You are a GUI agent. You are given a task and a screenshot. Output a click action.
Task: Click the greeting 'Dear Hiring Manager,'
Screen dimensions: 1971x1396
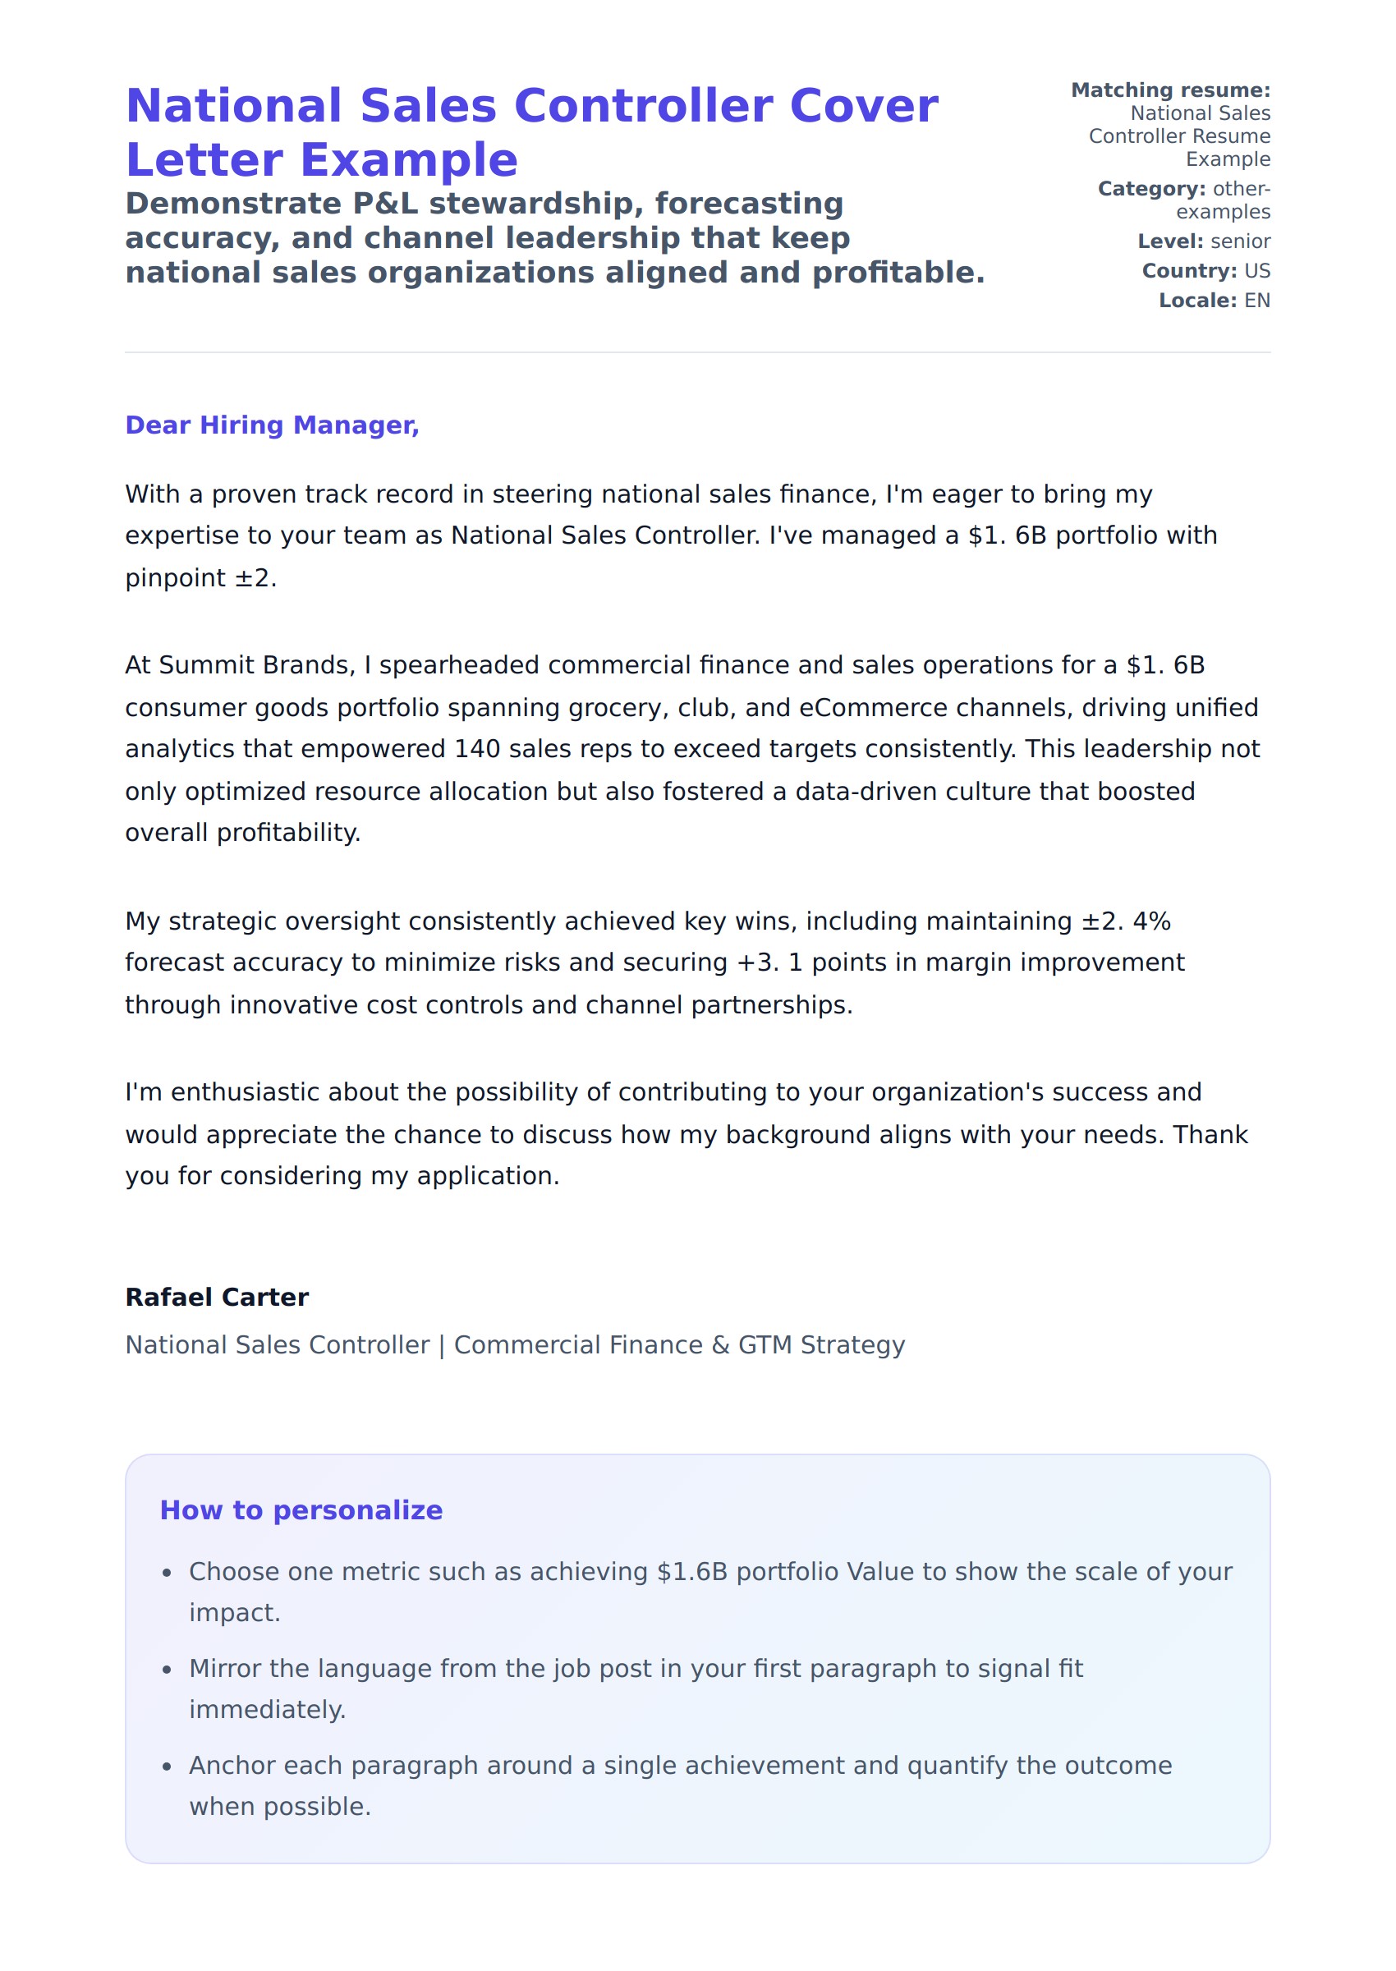[x=272, y=425]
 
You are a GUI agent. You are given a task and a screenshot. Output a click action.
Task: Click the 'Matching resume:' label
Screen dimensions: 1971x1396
[x=1170, y=90]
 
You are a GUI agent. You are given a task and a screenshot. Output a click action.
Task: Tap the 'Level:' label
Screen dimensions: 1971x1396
[x=1170, y=241]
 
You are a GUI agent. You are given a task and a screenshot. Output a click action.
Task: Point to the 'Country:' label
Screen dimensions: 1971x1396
[x=1189, y=271]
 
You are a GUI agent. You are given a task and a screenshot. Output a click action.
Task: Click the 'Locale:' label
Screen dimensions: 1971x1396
[x=1197, y=301]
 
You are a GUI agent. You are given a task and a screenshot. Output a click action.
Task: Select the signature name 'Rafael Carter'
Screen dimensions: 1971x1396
[x=217, y=1297]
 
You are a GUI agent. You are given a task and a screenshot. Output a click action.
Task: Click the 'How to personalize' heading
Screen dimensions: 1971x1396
[x=301, y=1510]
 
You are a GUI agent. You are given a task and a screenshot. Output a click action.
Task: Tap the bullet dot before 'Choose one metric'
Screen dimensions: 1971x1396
[x=167, y=1573]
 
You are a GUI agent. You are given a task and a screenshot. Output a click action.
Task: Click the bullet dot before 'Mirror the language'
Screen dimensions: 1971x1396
[x=167, y=1670]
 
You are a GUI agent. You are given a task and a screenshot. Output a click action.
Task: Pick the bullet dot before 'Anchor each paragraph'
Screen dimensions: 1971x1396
[x=167, y=1767]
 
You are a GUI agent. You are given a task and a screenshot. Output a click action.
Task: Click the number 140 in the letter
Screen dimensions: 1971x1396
[x=477, y=750]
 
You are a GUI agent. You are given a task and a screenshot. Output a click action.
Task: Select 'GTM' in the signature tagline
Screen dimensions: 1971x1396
[x=765, y=1345]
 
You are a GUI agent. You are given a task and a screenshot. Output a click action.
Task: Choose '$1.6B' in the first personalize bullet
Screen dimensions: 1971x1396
[x=692, y=1572]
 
